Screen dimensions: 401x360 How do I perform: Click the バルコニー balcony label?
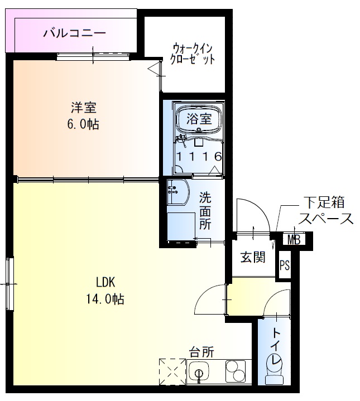coord(75,32)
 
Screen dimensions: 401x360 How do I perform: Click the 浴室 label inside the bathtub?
coord(199,118)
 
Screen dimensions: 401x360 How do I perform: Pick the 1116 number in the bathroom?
coord(199,157)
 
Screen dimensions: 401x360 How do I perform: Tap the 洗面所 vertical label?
coord(205,210)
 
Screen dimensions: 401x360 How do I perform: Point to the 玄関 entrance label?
coord(253,258)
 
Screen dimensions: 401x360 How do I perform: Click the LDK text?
coord(105,281)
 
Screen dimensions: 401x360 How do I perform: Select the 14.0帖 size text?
coord(105,299)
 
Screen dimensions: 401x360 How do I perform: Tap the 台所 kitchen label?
coord(201,352)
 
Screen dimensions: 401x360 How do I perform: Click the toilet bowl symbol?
coord(274,368)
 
